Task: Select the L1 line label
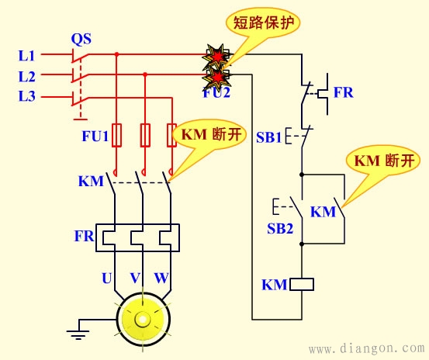[x=26, y=56]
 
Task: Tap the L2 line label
[x=26, y=76]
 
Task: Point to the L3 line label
[x=26, y=97]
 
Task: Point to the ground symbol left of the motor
[x=78, y=334]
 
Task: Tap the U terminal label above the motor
[x=106, y=277]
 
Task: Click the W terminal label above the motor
[x=161, y=277]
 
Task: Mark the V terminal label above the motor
[x=135, y=277]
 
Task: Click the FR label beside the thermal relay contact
[x=344, y=92]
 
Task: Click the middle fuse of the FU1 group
[x=144, y=136]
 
